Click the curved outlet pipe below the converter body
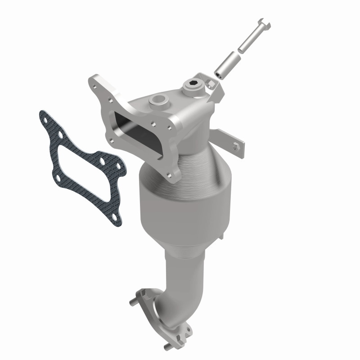(x=180, y=279)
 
